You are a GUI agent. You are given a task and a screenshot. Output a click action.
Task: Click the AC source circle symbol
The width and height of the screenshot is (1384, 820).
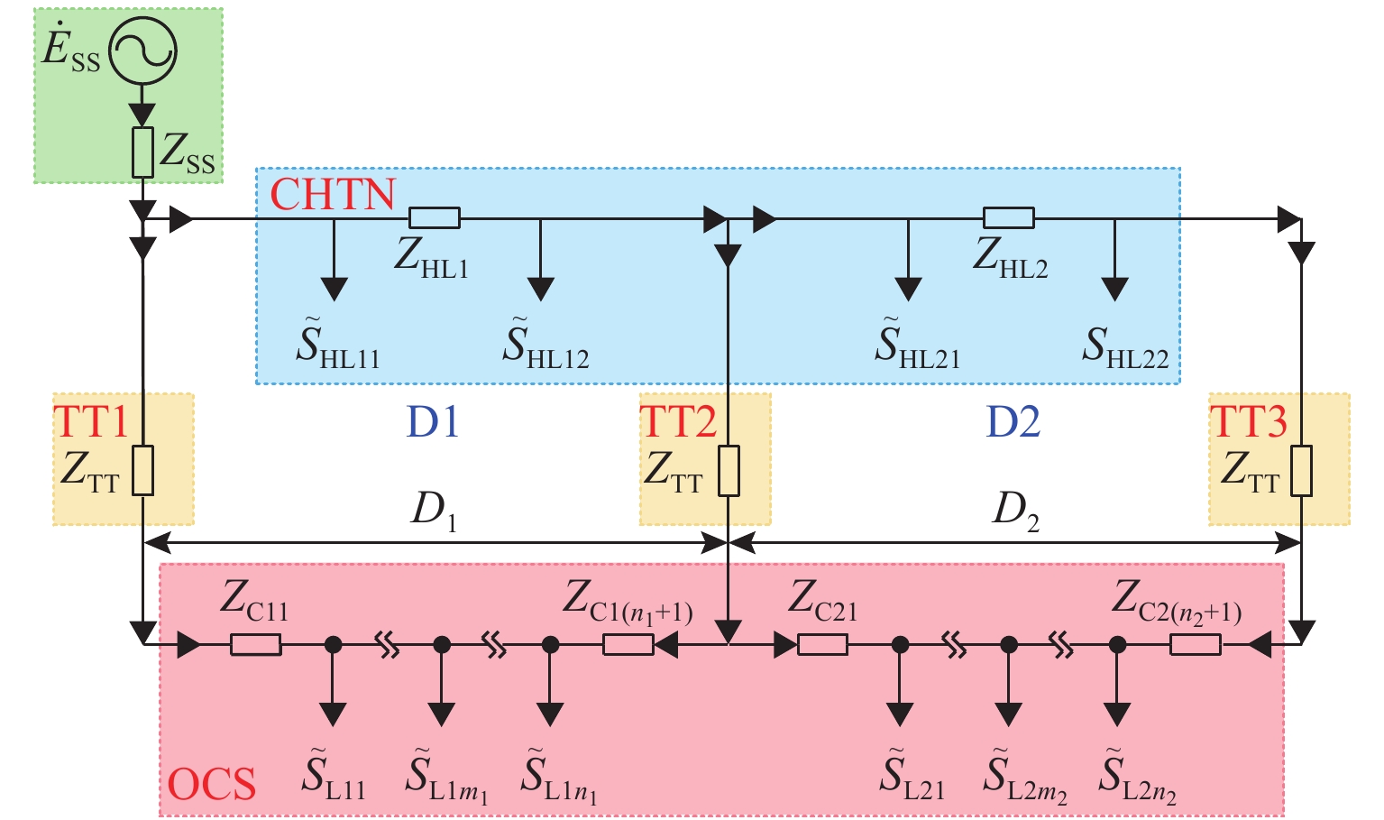pos(142,51)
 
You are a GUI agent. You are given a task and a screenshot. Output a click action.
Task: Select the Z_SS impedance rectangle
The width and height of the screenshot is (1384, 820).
pos(142,152)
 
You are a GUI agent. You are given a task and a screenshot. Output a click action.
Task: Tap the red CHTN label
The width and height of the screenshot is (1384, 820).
pos(333,194)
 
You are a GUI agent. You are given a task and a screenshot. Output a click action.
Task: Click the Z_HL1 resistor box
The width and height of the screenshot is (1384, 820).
pos(435,217)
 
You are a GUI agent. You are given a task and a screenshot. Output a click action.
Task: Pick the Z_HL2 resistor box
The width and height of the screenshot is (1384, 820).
pos(1008,217)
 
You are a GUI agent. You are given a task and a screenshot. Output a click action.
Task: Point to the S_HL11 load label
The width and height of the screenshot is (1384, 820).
pos(338,345)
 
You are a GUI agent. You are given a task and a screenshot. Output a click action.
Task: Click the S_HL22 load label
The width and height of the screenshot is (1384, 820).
pos(1124,346)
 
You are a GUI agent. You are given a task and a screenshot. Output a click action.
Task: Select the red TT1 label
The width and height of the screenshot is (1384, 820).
pos(91,421)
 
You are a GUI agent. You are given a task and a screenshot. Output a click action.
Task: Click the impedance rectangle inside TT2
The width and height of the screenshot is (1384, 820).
pos(729,471)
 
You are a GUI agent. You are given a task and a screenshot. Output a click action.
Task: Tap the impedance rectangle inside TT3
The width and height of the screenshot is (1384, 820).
pos(1300,471)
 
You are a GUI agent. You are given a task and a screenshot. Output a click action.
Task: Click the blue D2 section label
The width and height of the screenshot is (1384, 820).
pos(1013,421)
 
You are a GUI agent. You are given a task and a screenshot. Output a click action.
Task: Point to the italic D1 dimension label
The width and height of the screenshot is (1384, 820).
pos(434,511)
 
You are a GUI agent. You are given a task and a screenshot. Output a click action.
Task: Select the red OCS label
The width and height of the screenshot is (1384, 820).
pos(212,784)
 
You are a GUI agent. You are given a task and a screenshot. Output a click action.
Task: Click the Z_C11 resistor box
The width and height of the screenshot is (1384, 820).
pos(256,645)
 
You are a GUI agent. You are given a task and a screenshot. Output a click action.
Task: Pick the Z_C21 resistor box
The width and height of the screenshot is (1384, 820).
pos(822,645)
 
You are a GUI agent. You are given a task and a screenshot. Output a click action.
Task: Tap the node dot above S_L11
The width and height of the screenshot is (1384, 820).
pos(333,645)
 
